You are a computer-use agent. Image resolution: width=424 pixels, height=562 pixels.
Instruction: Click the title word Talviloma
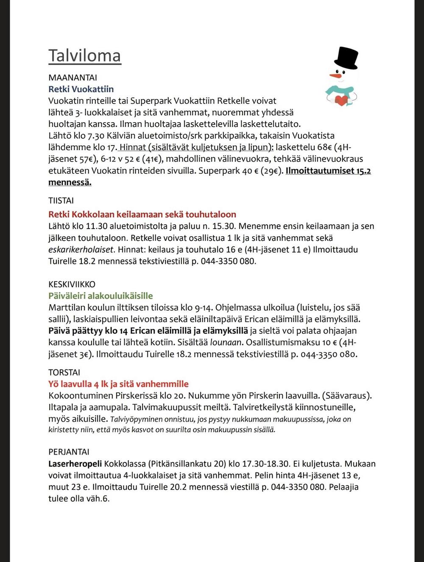pos(84,56)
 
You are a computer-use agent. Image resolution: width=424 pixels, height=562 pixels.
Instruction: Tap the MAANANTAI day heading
pos(73,78)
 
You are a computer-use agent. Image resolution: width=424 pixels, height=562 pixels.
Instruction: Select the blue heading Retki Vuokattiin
pos(81,89)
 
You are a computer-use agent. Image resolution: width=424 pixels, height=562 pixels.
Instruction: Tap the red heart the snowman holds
pos(340,100)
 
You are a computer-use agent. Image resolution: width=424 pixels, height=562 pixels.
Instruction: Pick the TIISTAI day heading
pos(61,201)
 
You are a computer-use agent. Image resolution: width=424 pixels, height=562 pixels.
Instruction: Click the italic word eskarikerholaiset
pos(81,249)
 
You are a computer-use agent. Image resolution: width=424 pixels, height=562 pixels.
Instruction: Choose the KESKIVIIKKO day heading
pos(72,284)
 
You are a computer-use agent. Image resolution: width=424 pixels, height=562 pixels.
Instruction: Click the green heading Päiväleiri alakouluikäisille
pos(100,296)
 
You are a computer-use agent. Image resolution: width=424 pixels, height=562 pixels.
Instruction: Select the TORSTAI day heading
pos(64,372)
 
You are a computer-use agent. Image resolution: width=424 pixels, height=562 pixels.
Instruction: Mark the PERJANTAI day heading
pos(69,452)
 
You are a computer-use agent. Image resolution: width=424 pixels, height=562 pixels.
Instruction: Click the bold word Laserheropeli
pos(75,464)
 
